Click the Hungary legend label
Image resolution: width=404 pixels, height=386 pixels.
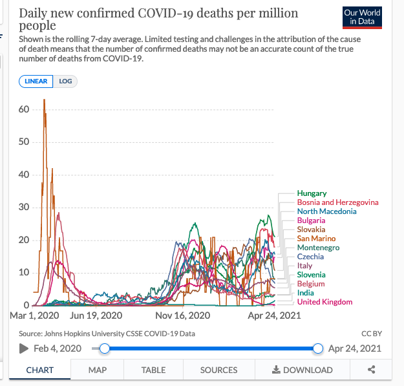[312, 193]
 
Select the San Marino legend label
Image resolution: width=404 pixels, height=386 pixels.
[316, 239]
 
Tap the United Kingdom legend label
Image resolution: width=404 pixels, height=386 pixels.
[324, 302]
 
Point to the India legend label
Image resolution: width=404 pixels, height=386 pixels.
[306, 293]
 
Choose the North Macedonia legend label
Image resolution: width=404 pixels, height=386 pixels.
[326, 211]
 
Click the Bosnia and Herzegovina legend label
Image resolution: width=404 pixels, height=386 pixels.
[337, 202]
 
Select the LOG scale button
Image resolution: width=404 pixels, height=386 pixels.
[65, 81]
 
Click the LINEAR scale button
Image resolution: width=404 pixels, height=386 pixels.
[36, 81]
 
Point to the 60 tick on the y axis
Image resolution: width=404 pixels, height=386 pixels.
[24, 109]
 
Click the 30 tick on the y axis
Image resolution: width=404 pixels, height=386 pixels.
[24, 207]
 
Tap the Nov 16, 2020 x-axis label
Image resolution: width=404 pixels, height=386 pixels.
[183, 316]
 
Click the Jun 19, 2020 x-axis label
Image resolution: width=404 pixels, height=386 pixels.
[96, 316]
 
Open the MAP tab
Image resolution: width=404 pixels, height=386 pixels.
[97, 370]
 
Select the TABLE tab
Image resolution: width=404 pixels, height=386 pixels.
[153, 370]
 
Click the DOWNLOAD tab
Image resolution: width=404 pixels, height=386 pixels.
[303, 370]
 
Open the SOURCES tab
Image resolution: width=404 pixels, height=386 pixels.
[218, 370]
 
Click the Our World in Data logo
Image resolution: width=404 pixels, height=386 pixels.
[362, 17]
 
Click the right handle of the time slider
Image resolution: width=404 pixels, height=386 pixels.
[317, 348]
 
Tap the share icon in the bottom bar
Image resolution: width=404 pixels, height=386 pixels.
[372, 370]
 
